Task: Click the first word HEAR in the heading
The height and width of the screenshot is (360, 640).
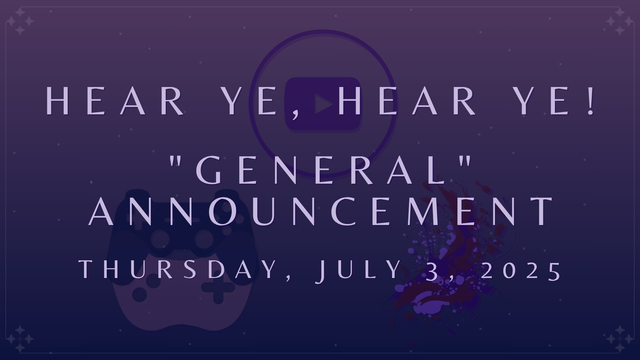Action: coord(115,101)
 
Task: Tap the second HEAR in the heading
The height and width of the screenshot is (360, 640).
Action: coord(407,101)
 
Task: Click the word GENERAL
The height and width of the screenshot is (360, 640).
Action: coord(321,171)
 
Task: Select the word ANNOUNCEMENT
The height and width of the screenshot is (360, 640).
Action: coord(321,211)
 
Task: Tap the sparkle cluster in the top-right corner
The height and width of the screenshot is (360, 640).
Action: coord(620,22)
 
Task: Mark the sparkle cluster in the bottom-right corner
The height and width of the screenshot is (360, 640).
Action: coord(620,339)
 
